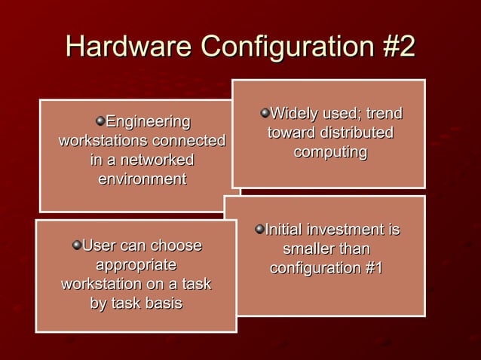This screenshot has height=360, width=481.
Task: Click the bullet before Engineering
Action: point(100,121)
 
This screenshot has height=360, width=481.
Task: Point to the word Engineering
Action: point(148,121)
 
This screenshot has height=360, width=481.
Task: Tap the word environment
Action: point(142,180)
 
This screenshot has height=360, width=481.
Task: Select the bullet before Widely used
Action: point(265,114)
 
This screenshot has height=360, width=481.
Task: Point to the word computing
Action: point(330,153)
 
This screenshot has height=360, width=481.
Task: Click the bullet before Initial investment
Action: point(259,228)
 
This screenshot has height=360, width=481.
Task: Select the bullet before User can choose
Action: point(76,245)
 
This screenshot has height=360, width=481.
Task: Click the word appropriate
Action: point(136,265)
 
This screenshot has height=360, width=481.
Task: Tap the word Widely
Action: point(293,114)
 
